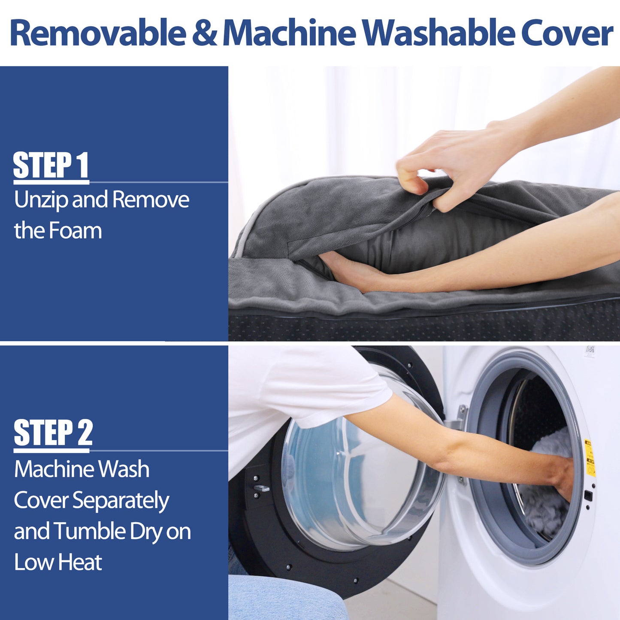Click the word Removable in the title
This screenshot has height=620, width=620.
98,33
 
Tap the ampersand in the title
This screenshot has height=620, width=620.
205,33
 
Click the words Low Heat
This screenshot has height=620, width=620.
58,563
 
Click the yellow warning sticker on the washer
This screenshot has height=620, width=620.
590,458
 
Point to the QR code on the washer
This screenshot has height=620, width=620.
590,351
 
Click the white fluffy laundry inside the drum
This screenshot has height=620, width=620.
544,489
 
